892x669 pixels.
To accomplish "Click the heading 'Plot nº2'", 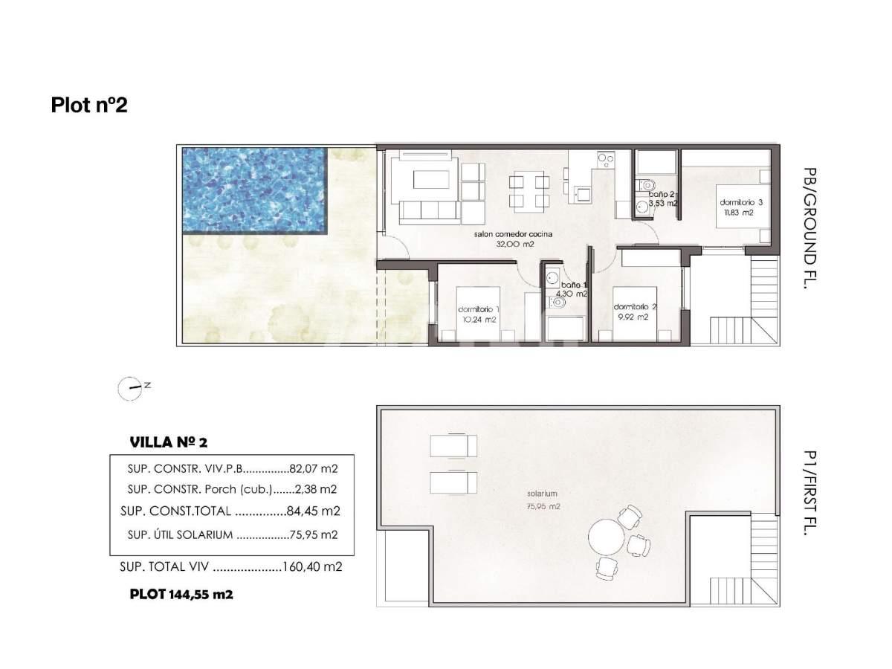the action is [x=89, y=105].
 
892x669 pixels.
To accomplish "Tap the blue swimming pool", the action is [x=254, y=190].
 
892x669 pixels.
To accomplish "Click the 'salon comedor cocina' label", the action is [x=513, y=234].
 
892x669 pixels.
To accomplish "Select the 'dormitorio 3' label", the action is [x=741, y=202].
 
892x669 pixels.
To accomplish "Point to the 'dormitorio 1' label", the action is [x=479, y=309].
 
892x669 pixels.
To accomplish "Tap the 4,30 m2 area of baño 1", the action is [x=572, y=294].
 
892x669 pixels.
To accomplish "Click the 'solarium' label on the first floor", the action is [x=542, y=494].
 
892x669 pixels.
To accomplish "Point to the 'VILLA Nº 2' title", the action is [x=168, y=442].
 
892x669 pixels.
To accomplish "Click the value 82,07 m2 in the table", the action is [x=314, y=469].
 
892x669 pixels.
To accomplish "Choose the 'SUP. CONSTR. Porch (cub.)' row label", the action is [x=199, y=489].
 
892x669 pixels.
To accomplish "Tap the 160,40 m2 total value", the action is [x=312, y=566].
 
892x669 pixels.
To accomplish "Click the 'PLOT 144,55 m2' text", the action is [x=181, y=595].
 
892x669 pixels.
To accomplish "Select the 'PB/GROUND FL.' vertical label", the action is [x=809, y=228].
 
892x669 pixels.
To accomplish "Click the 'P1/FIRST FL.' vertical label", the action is [x=809, y=493].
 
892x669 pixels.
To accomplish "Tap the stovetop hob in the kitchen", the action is [x=606, y=160].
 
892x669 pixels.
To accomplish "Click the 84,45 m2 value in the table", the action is [x=313, y=511].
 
